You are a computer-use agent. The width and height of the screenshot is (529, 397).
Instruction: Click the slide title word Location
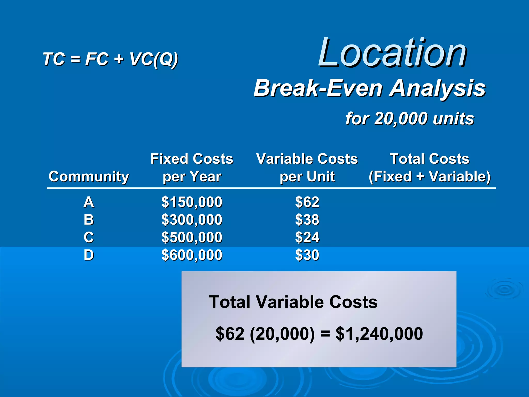pyautogui.click(x=392, y=53)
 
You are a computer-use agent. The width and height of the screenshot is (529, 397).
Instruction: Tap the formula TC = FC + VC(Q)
pyautogui.click(x=110, y=59)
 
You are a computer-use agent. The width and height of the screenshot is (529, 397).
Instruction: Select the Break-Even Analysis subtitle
pyautogui.click(x=369, y=88)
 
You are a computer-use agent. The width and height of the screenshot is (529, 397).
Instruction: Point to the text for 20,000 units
pyautogui.click(x=410, y=119)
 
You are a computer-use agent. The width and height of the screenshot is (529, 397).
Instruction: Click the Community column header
pyautogui.click(x=89, y=177)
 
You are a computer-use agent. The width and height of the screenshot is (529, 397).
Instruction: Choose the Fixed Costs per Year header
pyautogui.click(x=192, y=167)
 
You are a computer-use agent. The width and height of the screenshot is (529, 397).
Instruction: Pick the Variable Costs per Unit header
pyautogui.click(x=307, y=167)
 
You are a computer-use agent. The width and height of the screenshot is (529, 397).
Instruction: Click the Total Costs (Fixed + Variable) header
pyautogui.click(x=429, y=167)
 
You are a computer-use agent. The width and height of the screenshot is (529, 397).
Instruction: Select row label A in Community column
pyautogui.click(x=89, y=202)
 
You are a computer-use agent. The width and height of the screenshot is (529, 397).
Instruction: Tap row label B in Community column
pyautogui.click(x=89, y=220)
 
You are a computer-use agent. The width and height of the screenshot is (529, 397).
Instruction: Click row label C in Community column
pyautogui.click(x=89, y=237)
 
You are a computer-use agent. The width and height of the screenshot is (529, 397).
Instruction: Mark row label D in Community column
pyautogui.click(x=89, y=255)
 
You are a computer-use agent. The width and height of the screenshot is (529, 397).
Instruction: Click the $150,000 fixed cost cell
pyautogui.click(x=192, y=202)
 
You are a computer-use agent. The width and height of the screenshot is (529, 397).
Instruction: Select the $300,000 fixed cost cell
pyautogui.click(x=192, y=220)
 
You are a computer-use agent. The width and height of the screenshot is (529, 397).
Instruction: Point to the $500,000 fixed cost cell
pyautogui.click(x=192, y=237)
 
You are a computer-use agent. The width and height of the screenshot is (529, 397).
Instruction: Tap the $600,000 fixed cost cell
pyautogui.click(x=192, y=255)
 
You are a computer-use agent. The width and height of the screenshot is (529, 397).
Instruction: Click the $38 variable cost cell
pyautogui.click(x=307, y=220)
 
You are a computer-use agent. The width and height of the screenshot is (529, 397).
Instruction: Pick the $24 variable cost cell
pyautogui.click(x=307, y=237)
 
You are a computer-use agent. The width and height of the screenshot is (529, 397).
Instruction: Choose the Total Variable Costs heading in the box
pyautogui.click(x=293, y=302)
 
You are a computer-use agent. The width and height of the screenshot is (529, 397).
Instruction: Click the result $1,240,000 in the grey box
pyautogui.click(x=379, y=334)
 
